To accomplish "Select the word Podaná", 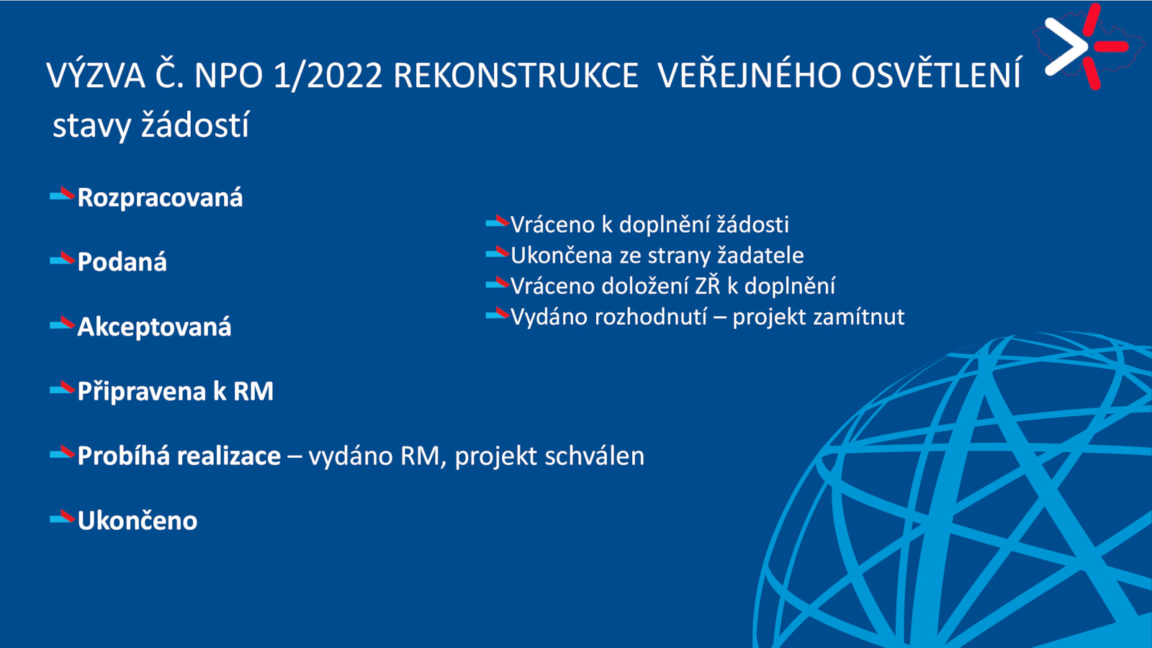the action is (x=122, y=262).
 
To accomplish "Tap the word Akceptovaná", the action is (x=154, y=328).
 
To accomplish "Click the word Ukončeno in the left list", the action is (x=138, y=521).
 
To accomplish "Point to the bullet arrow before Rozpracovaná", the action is (x=62, y=195).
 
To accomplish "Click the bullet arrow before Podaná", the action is (x=62, y=259).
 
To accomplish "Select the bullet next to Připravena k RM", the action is (x=62, y=388).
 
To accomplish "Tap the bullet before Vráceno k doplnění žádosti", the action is (x=498, y=222).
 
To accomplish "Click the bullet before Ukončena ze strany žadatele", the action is (x=498, y=253).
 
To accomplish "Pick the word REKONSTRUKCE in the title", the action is (x=516, y=76).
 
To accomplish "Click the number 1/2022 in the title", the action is (x=328, y=76).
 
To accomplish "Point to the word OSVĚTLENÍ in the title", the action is (x=936, y=75).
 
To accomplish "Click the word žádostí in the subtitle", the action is (x=195, y=125).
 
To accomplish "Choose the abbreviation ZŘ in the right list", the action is (x=708, y=284).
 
